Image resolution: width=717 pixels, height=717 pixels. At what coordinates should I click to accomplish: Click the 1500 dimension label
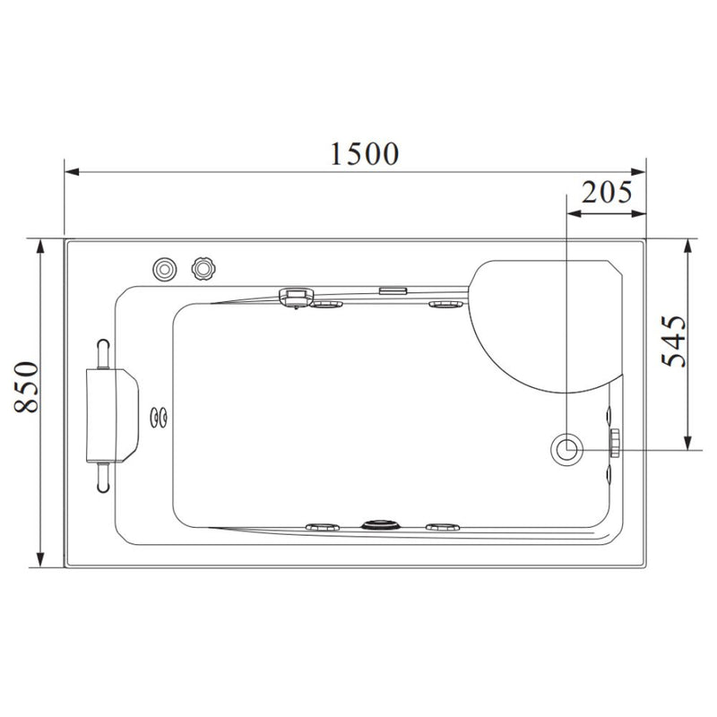pyautogui.click(x=365, y=153)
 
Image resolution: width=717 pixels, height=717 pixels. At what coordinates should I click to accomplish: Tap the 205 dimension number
pyautogui.click(x=607, y=192)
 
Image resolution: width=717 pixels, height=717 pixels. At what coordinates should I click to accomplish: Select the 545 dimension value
pyautogui.click(x=675, y=341)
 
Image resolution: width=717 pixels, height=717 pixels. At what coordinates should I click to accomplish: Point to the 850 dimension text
pyautogui.click(x=27, y=387)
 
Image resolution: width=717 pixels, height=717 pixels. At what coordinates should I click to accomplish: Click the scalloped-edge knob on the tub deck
pyautogui.click(x=203, y=268)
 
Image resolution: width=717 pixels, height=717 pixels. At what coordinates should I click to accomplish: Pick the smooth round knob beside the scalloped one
pyautogui.click(x=164, y=269)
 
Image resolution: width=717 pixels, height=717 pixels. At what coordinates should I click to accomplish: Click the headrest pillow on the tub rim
pyautogui.click(x=112, y=416)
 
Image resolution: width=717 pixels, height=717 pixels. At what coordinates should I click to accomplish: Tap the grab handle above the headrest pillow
pyautogui.click(x=103, y=353)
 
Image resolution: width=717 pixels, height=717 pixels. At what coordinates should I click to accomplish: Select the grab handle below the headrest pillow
pyautogui.click(x=103, y=478)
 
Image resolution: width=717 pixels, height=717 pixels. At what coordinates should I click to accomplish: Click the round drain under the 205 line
pyautogui.click(x=567, y=450)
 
